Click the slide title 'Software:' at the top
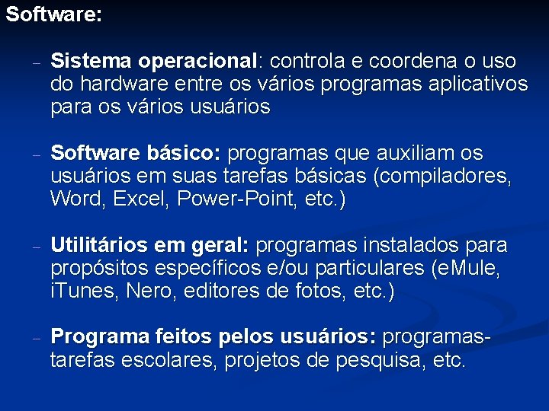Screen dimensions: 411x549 point(53,14)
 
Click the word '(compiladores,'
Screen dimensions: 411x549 point(442,177)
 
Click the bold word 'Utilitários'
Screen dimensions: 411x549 point(98,246)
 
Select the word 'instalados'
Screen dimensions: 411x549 point(403,246)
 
